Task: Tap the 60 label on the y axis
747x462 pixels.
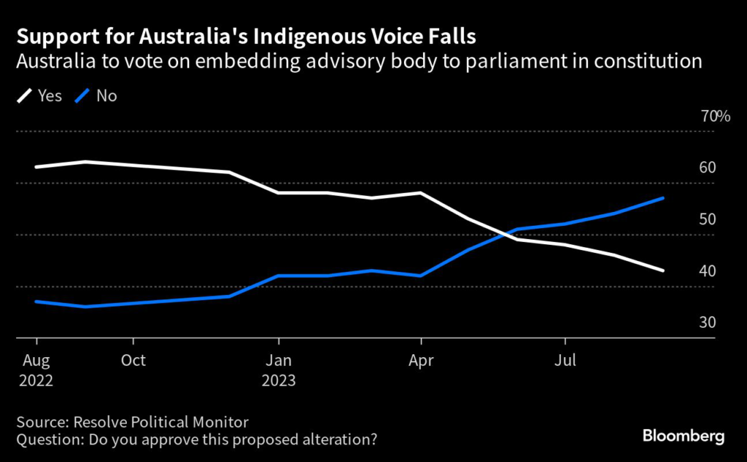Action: click(x=707, y=168)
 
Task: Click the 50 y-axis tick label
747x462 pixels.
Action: click(x=707, y=219)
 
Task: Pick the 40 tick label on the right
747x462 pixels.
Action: click(x=707, y=271)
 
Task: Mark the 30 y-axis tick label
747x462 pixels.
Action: click(x=707, y=323)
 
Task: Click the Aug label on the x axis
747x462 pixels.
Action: click(x=36, y=360)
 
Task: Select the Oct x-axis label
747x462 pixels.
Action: click(x=133, y=360)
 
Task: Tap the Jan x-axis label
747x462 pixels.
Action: click(x=278, y=360)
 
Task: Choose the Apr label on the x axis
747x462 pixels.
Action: click(x=421, y=360)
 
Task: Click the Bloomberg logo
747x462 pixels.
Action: click(x=683, y=436)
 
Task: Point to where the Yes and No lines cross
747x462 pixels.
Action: click(x=503, y=234)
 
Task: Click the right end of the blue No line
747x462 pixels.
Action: click(x=662, y=198)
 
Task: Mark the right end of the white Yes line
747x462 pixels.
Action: click(x=662, y=271)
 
